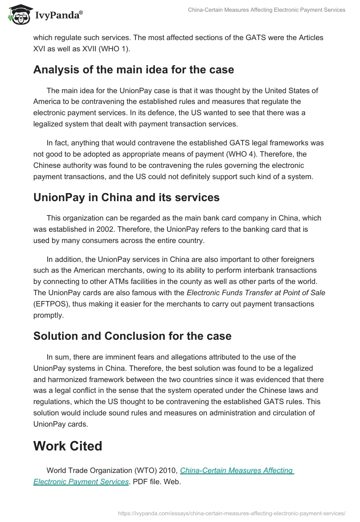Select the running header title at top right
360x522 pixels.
click(x=266, y=10)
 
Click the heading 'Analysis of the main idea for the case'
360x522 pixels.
click(x=134, y=70)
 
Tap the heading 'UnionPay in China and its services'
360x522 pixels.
click(x=126, y=197)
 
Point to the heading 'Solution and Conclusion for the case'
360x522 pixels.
click(x=132, y=336)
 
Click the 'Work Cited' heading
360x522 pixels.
click(x=68, y=445)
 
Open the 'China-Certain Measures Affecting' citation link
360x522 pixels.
click(x=237, y=470)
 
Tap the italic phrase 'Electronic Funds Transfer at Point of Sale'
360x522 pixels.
click(x=256, y=292)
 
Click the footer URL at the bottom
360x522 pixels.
click(x=232, y=513)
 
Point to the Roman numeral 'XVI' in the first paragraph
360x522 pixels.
click(x=40, y=49)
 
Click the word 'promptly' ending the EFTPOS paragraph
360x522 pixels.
click(x=49, y=315)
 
